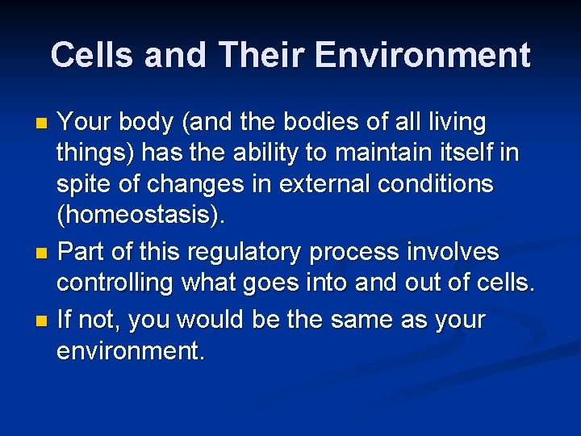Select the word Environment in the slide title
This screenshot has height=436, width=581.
click(423, 56)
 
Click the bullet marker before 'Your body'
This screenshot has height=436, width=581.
click(43, 124)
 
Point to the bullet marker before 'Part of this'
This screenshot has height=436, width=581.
click(43, 254)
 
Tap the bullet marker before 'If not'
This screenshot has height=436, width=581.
click(43, 321)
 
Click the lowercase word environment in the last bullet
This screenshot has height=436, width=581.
click(130, 352)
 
